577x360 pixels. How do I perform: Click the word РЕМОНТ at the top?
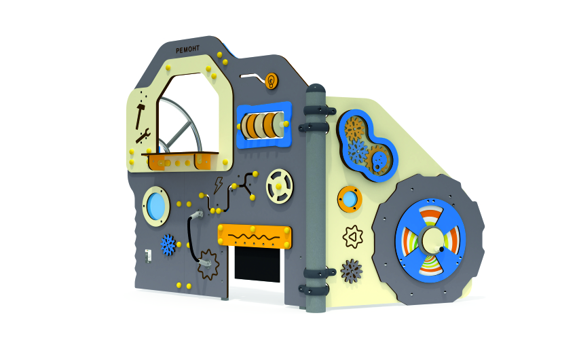pos(187,50)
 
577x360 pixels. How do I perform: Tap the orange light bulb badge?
pos(272,81)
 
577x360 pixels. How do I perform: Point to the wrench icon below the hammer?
pos(143,136)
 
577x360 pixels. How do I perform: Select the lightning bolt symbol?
pos(218,185)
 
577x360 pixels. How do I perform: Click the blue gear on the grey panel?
pos(168,245)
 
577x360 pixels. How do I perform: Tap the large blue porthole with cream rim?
pos(156,206)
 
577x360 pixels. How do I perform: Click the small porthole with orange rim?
pos(350,199)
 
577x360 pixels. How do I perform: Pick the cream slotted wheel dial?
pos(280,186)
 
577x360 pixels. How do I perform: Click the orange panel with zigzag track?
pos(255,236)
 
